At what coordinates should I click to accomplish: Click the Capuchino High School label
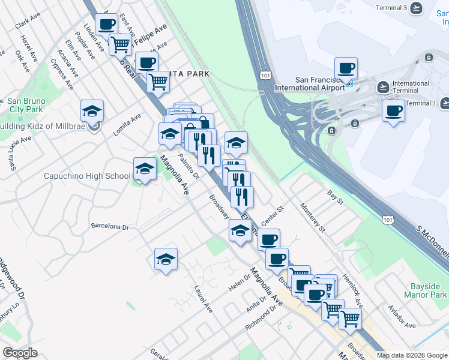tap(87, 176)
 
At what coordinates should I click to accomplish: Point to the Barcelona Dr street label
tap(110, 227)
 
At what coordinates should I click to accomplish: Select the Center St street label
tap(271, 212)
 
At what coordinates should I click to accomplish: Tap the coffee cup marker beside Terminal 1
tap(394, 111)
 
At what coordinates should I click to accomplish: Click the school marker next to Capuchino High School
tap(145, 170)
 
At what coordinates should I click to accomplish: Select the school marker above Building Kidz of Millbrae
tap(92, 111)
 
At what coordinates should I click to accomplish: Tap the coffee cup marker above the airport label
tap(345, 68)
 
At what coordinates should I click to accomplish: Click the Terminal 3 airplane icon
tap(415, 8)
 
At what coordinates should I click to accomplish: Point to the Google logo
tap(20, 352)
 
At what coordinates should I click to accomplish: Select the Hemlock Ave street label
tap(352, 285)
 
